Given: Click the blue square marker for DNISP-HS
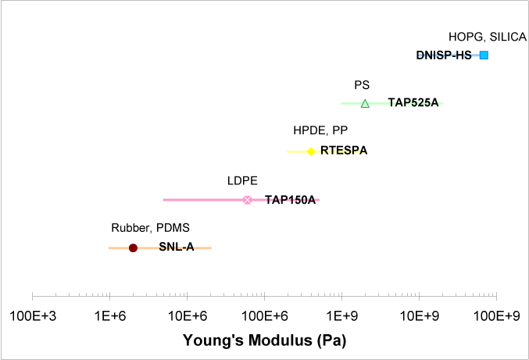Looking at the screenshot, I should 484,55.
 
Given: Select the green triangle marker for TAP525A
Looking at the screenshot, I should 365,103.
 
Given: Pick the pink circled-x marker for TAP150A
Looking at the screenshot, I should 248,200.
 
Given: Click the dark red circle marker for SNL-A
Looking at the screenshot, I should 133,248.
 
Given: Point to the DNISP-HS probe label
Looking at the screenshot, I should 444,55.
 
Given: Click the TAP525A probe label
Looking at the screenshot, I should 413,102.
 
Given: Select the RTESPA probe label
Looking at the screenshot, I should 344,151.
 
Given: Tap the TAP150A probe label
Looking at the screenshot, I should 290,200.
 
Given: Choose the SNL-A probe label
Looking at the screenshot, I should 176,248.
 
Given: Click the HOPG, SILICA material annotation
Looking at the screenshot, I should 488,37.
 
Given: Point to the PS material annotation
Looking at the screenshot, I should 362,85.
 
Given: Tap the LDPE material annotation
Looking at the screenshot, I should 242,181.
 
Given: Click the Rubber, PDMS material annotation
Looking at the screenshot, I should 150,228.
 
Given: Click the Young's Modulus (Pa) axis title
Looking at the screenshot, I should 264,341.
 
